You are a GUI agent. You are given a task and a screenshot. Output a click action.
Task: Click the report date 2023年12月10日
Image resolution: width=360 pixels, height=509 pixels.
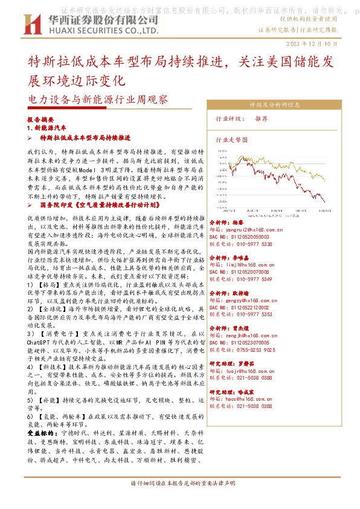[328, 44]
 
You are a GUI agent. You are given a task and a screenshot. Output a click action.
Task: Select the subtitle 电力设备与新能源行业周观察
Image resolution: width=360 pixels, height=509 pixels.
[98, 99]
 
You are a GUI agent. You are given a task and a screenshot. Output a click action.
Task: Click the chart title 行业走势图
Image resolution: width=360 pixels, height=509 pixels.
[232, 138]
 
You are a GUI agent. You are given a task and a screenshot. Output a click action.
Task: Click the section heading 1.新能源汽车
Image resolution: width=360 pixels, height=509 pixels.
[47, 128]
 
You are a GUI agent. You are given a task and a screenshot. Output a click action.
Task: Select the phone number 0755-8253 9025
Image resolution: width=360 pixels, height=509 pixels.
[261, 349]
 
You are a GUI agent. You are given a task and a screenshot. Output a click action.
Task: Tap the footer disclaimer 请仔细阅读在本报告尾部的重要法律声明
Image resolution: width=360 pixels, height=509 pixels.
[179, 501]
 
